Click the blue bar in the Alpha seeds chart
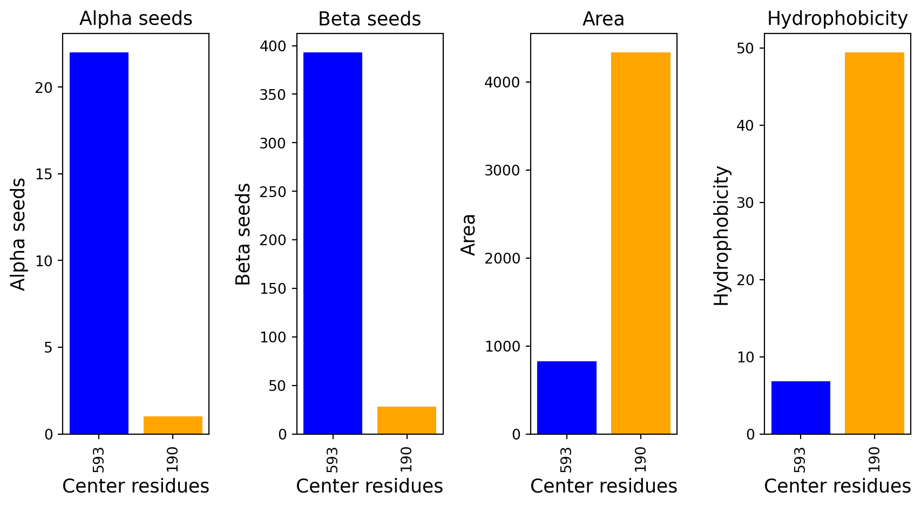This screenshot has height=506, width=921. tap(99, 243)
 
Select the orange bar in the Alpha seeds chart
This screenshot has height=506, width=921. tap(173, 425)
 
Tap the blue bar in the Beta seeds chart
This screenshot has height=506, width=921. tap(333, 243)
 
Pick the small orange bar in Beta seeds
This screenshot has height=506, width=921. tap(407, 420)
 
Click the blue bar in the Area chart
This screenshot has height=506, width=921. tap(566, 397)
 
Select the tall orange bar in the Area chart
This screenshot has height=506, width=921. tap(640, 243)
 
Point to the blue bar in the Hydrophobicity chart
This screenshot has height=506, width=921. tap(801, 408)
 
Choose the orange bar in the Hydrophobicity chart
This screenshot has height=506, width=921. tap(874, 243)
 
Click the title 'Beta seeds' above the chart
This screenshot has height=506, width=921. tap(369, 19)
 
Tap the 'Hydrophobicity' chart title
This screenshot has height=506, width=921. tap(837, 19)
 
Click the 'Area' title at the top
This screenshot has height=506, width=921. tap(603, 19)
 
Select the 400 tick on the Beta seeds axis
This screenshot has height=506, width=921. tap(273, 46)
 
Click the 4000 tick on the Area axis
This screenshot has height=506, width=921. tap(502, 83)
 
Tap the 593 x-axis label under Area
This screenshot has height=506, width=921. tap(567, 459)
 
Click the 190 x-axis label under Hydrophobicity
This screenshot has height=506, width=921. tap(875, 459)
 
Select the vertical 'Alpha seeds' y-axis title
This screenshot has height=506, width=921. tap(18, 234)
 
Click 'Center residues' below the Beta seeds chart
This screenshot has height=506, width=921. tap(369, 487)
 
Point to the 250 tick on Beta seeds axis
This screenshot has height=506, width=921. tap(273, 192)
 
